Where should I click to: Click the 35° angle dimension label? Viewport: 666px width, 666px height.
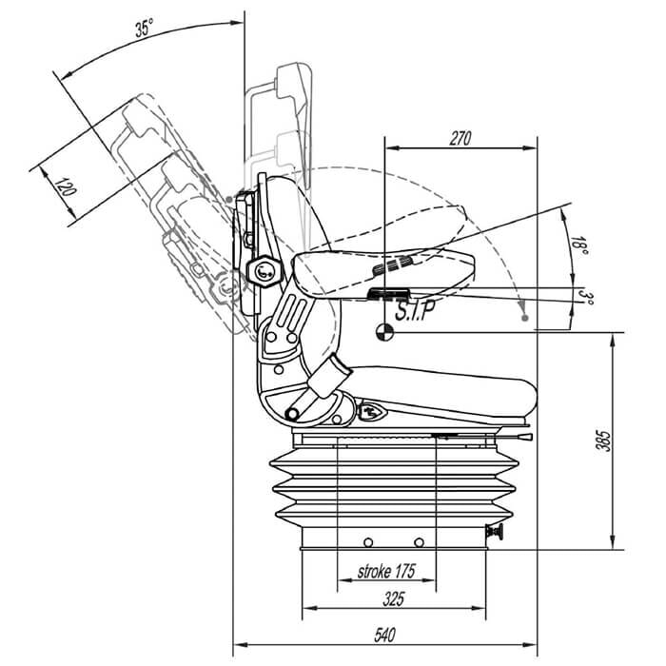144,29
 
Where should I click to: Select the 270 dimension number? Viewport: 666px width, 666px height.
460,138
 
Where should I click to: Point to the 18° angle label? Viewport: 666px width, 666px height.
578,245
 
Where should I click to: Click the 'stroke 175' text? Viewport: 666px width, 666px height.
386,573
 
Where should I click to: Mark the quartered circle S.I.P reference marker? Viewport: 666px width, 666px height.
384,331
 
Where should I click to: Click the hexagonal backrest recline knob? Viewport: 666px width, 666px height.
264,272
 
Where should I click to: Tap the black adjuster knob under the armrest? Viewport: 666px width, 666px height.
388,293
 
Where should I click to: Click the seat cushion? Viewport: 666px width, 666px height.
438,390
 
